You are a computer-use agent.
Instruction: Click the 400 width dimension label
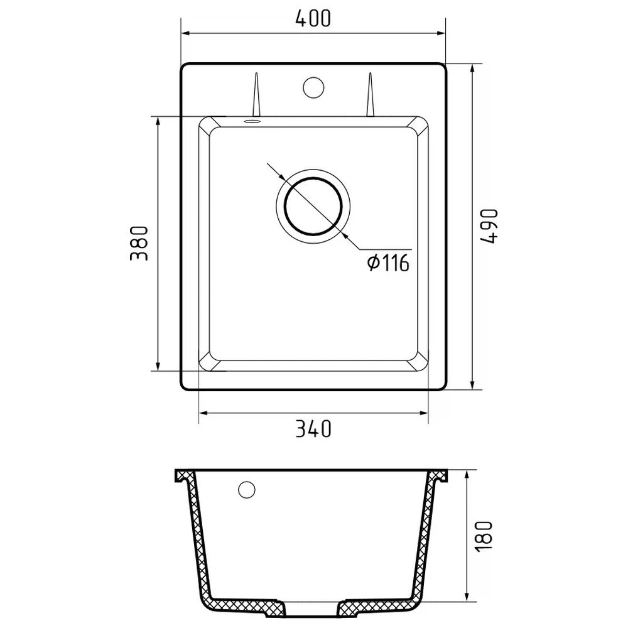point(313,18)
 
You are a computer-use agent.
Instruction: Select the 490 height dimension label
point(489,226)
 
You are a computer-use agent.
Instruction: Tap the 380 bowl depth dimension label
point(139,244)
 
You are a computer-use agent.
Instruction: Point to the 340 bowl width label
point(313,428)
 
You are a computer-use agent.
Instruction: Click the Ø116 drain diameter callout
point(388,263)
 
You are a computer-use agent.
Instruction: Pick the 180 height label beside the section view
point(484,536)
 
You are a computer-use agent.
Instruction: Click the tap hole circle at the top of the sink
point(313,87)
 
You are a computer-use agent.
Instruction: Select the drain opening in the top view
point(313,206)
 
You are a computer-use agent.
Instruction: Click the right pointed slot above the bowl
point(371,95)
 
